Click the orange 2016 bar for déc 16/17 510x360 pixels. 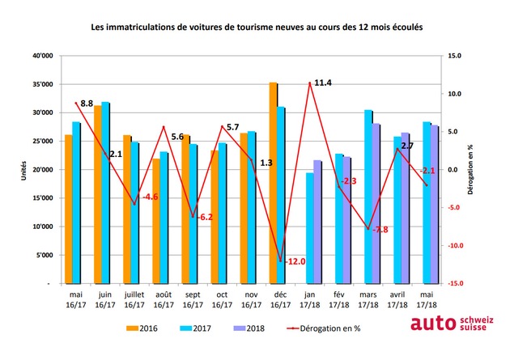pos(274,183)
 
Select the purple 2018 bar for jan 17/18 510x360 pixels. pos(317,222)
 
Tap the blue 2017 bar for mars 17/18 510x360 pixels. pos(368,197)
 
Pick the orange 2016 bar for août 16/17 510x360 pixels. pos(156,221)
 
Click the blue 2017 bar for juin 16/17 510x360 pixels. pos(105,193)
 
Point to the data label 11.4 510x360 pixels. pos(323,83)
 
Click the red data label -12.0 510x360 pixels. pos(295,261)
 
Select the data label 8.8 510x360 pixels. pos(87,104)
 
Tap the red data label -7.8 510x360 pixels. pos(380,230)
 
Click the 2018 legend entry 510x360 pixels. pos(249,328)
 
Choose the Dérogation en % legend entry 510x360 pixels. pos(324,328)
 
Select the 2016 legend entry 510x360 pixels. pos(142,328)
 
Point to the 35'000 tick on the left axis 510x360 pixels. pos(43,84)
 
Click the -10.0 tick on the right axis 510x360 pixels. pos(455,246)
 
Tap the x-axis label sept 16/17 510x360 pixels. pos(193,299)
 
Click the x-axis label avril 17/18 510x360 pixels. pos(397,299)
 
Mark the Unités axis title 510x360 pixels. pos(23,170)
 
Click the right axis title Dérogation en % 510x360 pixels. pos(470,169)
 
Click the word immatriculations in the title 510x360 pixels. pos(141,27)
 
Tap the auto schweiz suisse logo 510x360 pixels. pos(452,324)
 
